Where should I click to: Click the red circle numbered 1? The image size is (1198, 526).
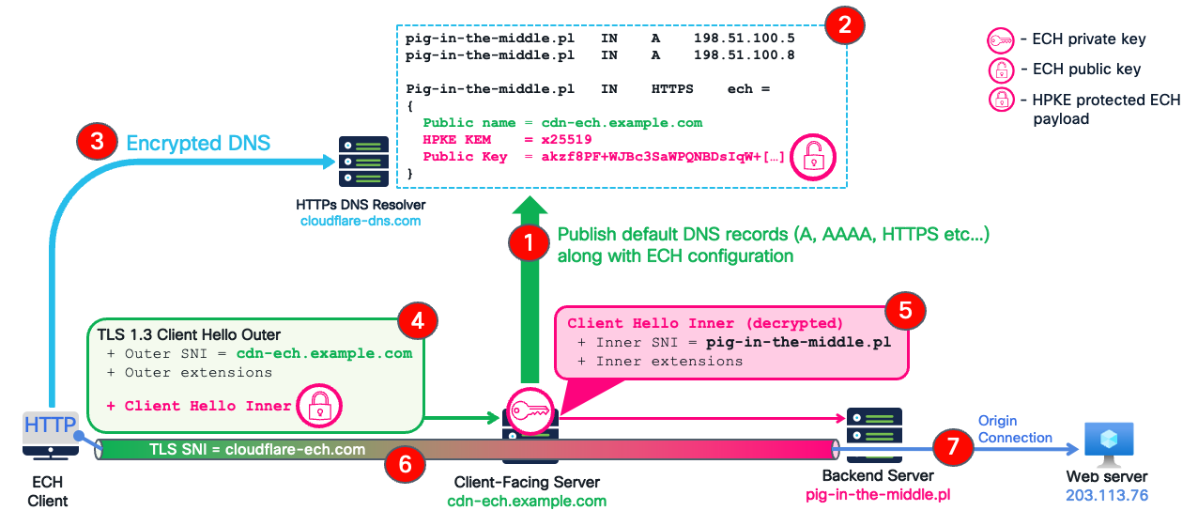click(x=528, y=243)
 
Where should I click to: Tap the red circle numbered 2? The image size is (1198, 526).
click(x=844, y=26)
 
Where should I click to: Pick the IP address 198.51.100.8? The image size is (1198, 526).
click(x=744, y=55)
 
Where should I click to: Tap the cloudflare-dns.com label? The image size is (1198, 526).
click(x=360, y=221)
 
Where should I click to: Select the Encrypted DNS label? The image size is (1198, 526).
click(x=198, y=143)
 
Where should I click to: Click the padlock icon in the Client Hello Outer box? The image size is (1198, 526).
click(x=319, y=406)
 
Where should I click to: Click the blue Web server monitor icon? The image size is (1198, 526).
click(x=1108, y=442)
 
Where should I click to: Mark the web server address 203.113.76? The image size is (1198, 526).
click(x=1108, y=495)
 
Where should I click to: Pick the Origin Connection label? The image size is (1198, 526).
click(x=1015, y=429)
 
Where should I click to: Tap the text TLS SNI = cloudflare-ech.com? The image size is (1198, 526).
click(x=257, y=449)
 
